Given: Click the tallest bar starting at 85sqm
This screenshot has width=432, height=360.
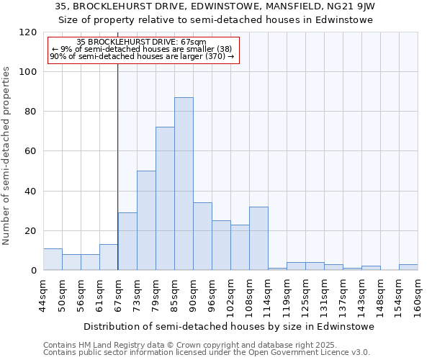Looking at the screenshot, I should point(184,184).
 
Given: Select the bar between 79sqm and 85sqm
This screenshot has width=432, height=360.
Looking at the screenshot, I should point(165,199).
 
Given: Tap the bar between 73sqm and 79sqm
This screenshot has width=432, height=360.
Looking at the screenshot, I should point(146,220).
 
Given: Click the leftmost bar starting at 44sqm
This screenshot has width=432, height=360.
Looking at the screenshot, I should point(53,259).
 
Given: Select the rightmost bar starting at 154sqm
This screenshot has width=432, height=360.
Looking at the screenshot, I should point(408,267).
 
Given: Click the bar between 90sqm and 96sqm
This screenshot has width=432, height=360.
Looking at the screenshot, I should point(202,236).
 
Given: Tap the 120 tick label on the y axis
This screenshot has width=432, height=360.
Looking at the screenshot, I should point(28,32).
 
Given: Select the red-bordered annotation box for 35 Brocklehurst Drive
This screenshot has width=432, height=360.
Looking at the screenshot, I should point(143,50).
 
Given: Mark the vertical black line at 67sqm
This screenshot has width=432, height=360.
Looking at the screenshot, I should point(118,166).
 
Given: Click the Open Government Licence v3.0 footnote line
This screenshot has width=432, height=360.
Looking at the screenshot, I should point(206,353).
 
